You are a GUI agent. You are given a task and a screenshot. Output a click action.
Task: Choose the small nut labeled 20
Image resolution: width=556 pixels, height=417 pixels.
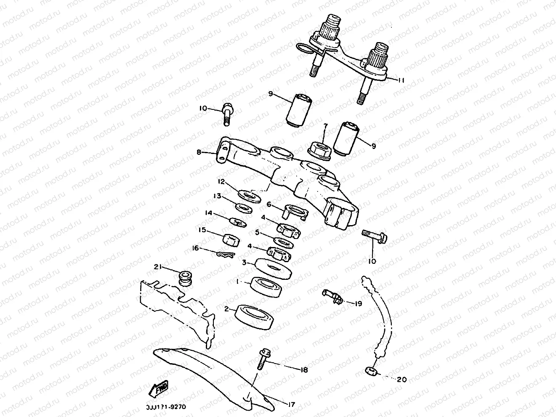click(371, 371)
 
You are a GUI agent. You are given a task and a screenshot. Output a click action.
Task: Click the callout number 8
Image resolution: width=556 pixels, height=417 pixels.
click(199, 152)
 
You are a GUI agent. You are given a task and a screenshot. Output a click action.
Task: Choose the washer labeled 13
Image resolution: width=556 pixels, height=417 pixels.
click(242, 207)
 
